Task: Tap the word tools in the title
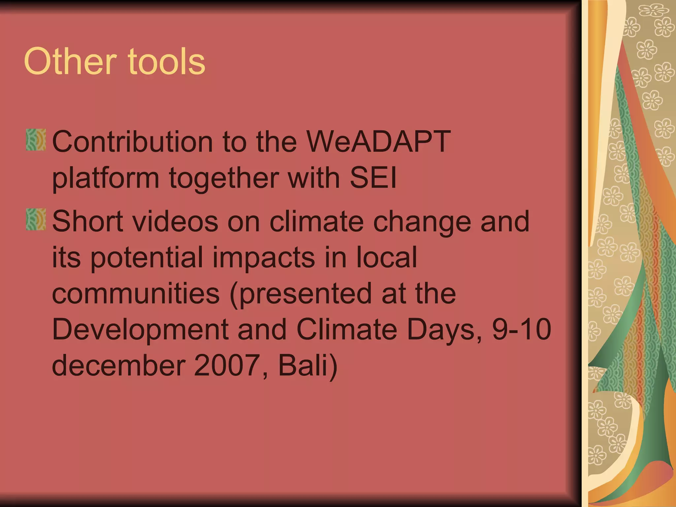167,62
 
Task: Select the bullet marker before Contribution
36,140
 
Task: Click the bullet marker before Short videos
36,219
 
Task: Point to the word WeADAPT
378,141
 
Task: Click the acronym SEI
373,178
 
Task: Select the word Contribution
132,141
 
